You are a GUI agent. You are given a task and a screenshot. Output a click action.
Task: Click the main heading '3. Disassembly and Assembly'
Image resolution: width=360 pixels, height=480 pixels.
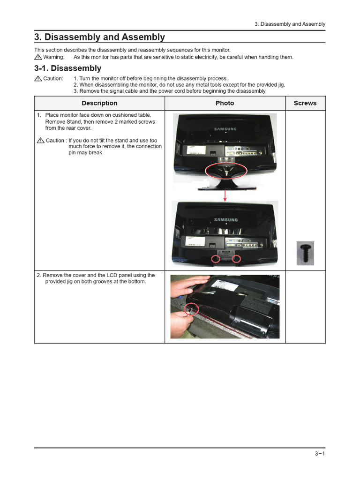pos(99,37)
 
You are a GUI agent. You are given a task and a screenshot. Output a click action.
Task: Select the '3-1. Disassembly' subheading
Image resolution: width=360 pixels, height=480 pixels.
pos(67,68)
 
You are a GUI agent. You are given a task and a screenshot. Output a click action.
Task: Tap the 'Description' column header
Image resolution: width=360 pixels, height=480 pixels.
pos(99,103)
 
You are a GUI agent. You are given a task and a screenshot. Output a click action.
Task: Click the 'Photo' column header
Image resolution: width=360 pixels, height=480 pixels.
pos(225,103)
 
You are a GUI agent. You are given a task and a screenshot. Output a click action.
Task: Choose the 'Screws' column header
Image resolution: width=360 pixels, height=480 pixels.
pos(305,103)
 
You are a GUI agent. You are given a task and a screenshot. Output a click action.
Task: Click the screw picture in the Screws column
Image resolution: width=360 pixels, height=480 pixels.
pos(305,253)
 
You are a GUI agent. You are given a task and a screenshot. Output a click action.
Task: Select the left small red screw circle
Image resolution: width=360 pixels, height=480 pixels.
pos(216,259)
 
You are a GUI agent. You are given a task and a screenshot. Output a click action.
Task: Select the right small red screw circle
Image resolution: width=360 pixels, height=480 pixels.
pos(236,259)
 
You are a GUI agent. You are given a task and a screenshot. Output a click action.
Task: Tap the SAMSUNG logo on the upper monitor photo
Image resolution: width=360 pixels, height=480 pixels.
pos(225,129)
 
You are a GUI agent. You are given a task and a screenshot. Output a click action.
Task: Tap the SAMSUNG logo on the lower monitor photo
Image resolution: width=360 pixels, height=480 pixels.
pos(225,219)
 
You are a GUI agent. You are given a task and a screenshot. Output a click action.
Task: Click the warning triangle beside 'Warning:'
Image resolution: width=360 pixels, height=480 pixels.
pos(38,57)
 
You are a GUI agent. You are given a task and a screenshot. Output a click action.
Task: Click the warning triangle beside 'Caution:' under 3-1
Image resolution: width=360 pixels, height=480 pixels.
pos(38,78)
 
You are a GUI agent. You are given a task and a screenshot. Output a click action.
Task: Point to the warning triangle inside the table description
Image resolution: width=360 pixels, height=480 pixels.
pos(40,141)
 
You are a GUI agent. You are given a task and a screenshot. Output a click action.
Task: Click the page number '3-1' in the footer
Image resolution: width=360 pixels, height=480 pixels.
pos(320,453)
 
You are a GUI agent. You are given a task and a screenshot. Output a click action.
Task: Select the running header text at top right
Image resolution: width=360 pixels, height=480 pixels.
pos(290,24)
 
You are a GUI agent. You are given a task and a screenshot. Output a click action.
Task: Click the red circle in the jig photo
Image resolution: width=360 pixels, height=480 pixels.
pos(192,309)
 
